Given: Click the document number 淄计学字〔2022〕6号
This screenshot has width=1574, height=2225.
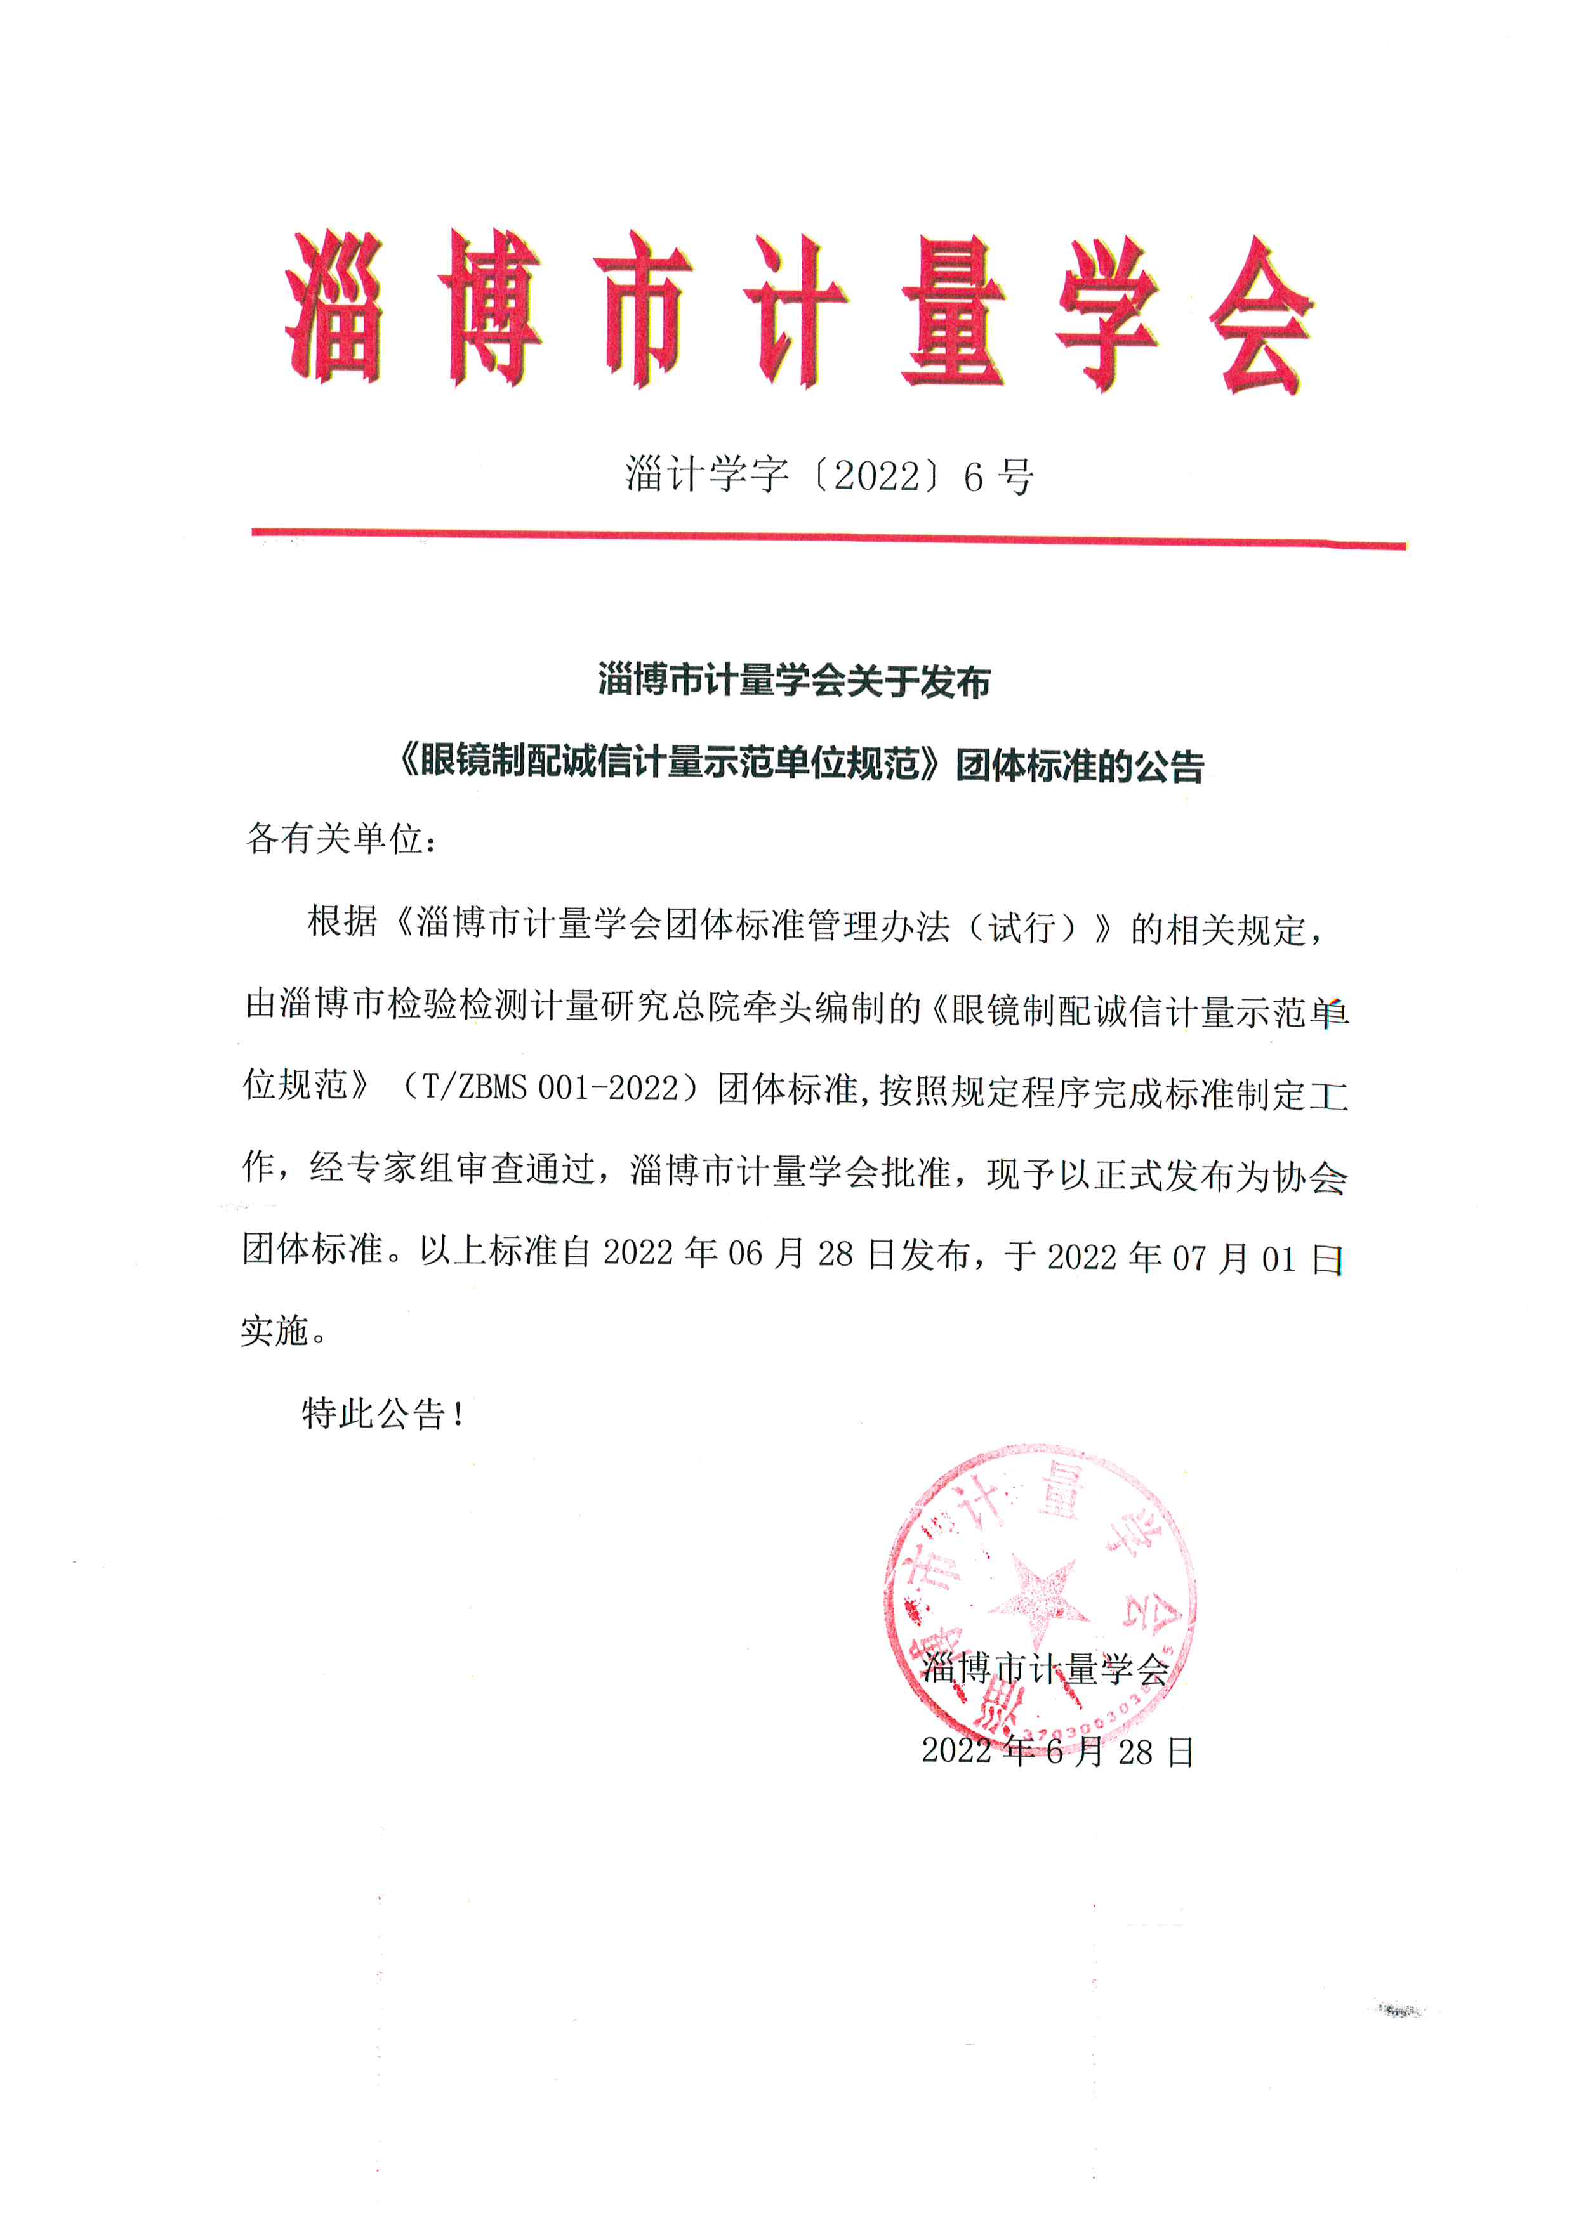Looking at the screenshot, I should [829, 475].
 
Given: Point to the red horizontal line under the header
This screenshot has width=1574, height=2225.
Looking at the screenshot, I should [829, 538].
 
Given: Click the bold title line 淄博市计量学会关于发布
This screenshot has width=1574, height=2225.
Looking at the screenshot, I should [794, 681].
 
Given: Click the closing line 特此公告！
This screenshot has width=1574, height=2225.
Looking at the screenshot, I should [385, 1414].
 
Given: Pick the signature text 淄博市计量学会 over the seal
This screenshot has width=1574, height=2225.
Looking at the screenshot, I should [1045, 1669].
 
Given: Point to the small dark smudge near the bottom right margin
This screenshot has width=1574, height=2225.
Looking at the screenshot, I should [1401, 2011].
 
